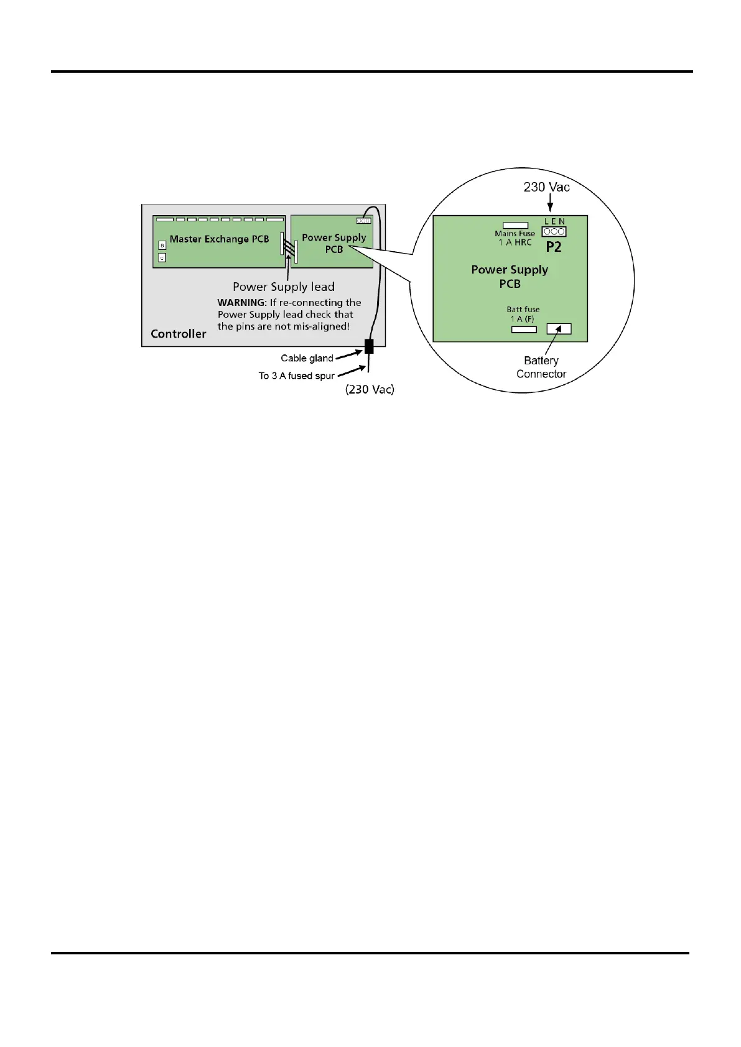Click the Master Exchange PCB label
coord(219,239)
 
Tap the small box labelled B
coord(162,246)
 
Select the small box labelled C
coord(162,257)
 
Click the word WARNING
coord(241,303)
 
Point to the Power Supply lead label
coord(284,287)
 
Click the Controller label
coord(178,334)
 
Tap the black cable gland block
coord(369,346)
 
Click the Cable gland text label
coord(307,358)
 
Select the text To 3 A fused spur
coord(296,376)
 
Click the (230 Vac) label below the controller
coord(370,389)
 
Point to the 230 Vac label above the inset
coord(546,187)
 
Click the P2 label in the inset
coord(553,247)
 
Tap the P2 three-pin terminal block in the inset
coord(554,232)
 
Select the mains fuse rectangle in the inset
coord(515,226)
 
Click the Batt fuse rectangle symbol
coord(523,330)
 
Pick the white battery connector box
coord(559,329)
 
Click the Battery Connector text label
coord(541,367)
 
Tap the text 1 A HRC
coord(515,242)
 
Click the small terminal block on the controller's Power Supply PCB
coord(363,221)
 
